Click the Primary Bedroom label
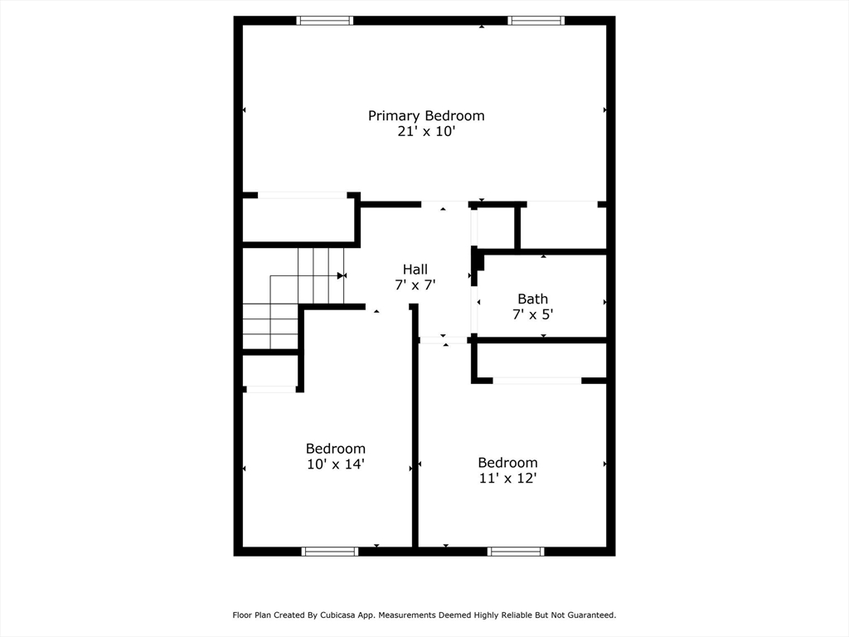pos(426,116)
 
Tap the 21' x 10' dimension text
pos(426,132)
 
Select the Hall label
pos(415,270)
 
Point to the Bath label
pos(533,299)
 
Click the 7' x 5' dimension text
pos(533,314)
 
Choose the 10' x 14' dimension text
pos(336,464)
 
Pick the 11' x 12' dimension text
pos(507,479)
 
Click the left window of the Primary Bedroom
pos(325,21)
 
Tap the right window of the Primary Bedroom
pos(536,21)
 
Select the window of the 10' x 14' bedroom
pos(330,552)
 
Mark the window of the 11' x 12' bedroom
pos(516,552)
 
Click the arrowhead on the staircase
pos(341,275)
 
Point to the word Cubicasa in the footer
pos(339,615)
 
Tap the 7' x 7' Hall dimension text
pos(415,285)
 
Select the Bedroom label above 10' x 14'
pos(336,449)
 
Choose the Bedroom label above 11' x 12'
pos(507,463)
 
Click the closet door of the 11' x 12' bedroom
pos(537,381)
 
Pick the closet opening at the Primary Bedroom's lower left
pos(302,195)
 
